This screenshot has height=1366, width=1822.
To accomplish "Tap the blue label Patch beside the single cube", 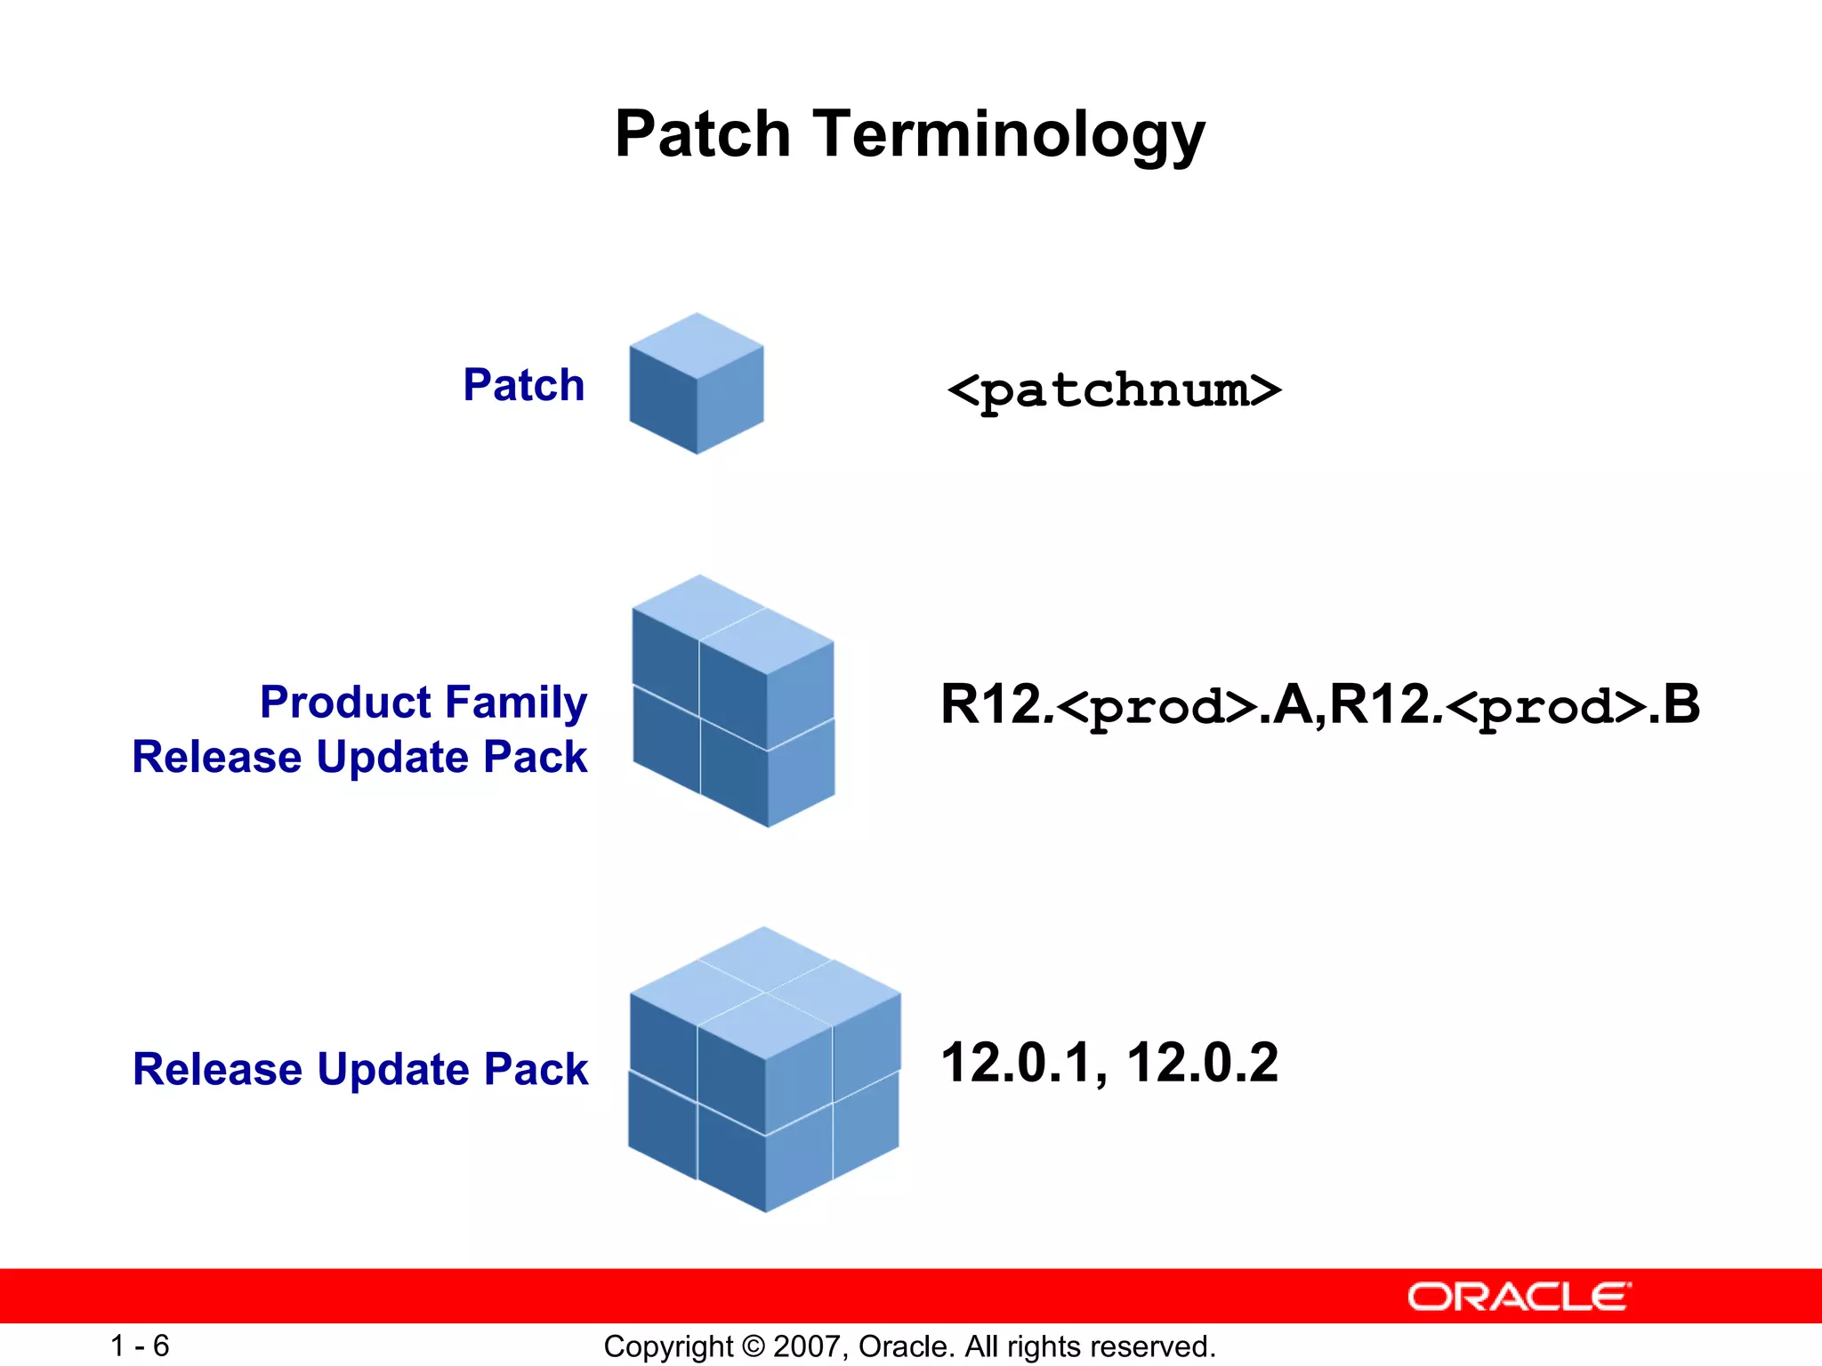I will pyautogui.click(x=523, y=385).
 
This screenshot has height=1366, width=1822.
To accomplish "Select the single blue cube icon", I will pyautogui.click(x=697, y=384).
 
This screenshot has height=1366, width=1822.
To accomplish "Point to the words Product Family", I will pyautogui.click(x=423, y=703).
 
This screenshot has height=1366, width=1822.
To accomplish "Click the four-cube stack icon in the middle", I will pyautogui.click(x=733, y=701).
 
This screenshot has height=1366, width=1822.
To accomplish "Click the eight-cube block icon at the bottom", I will pyautogui.click(x=764, y=1070).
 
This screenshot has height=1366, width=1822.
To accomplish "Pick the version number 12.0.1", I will pyautogui.click(x=1020, y=1063).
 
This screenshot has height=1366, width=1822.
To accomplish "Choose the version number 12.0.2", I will pyautogui.click(x=1202, y=1063).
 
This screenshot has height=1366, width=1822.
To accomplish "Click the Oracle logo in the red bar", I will pyautogui.click(x=1519, y=1297).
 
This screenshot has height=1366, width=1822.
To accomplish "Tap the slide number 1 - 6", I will pyautogui.click(x=140, y=1346).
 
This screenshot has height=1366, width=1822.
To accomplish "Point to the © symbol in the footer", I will pyautogui.click(x=754, y=1346).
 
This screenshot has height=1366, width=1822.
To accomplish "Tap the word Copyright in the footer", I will pyautogui.click(x=667, y=1346).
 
